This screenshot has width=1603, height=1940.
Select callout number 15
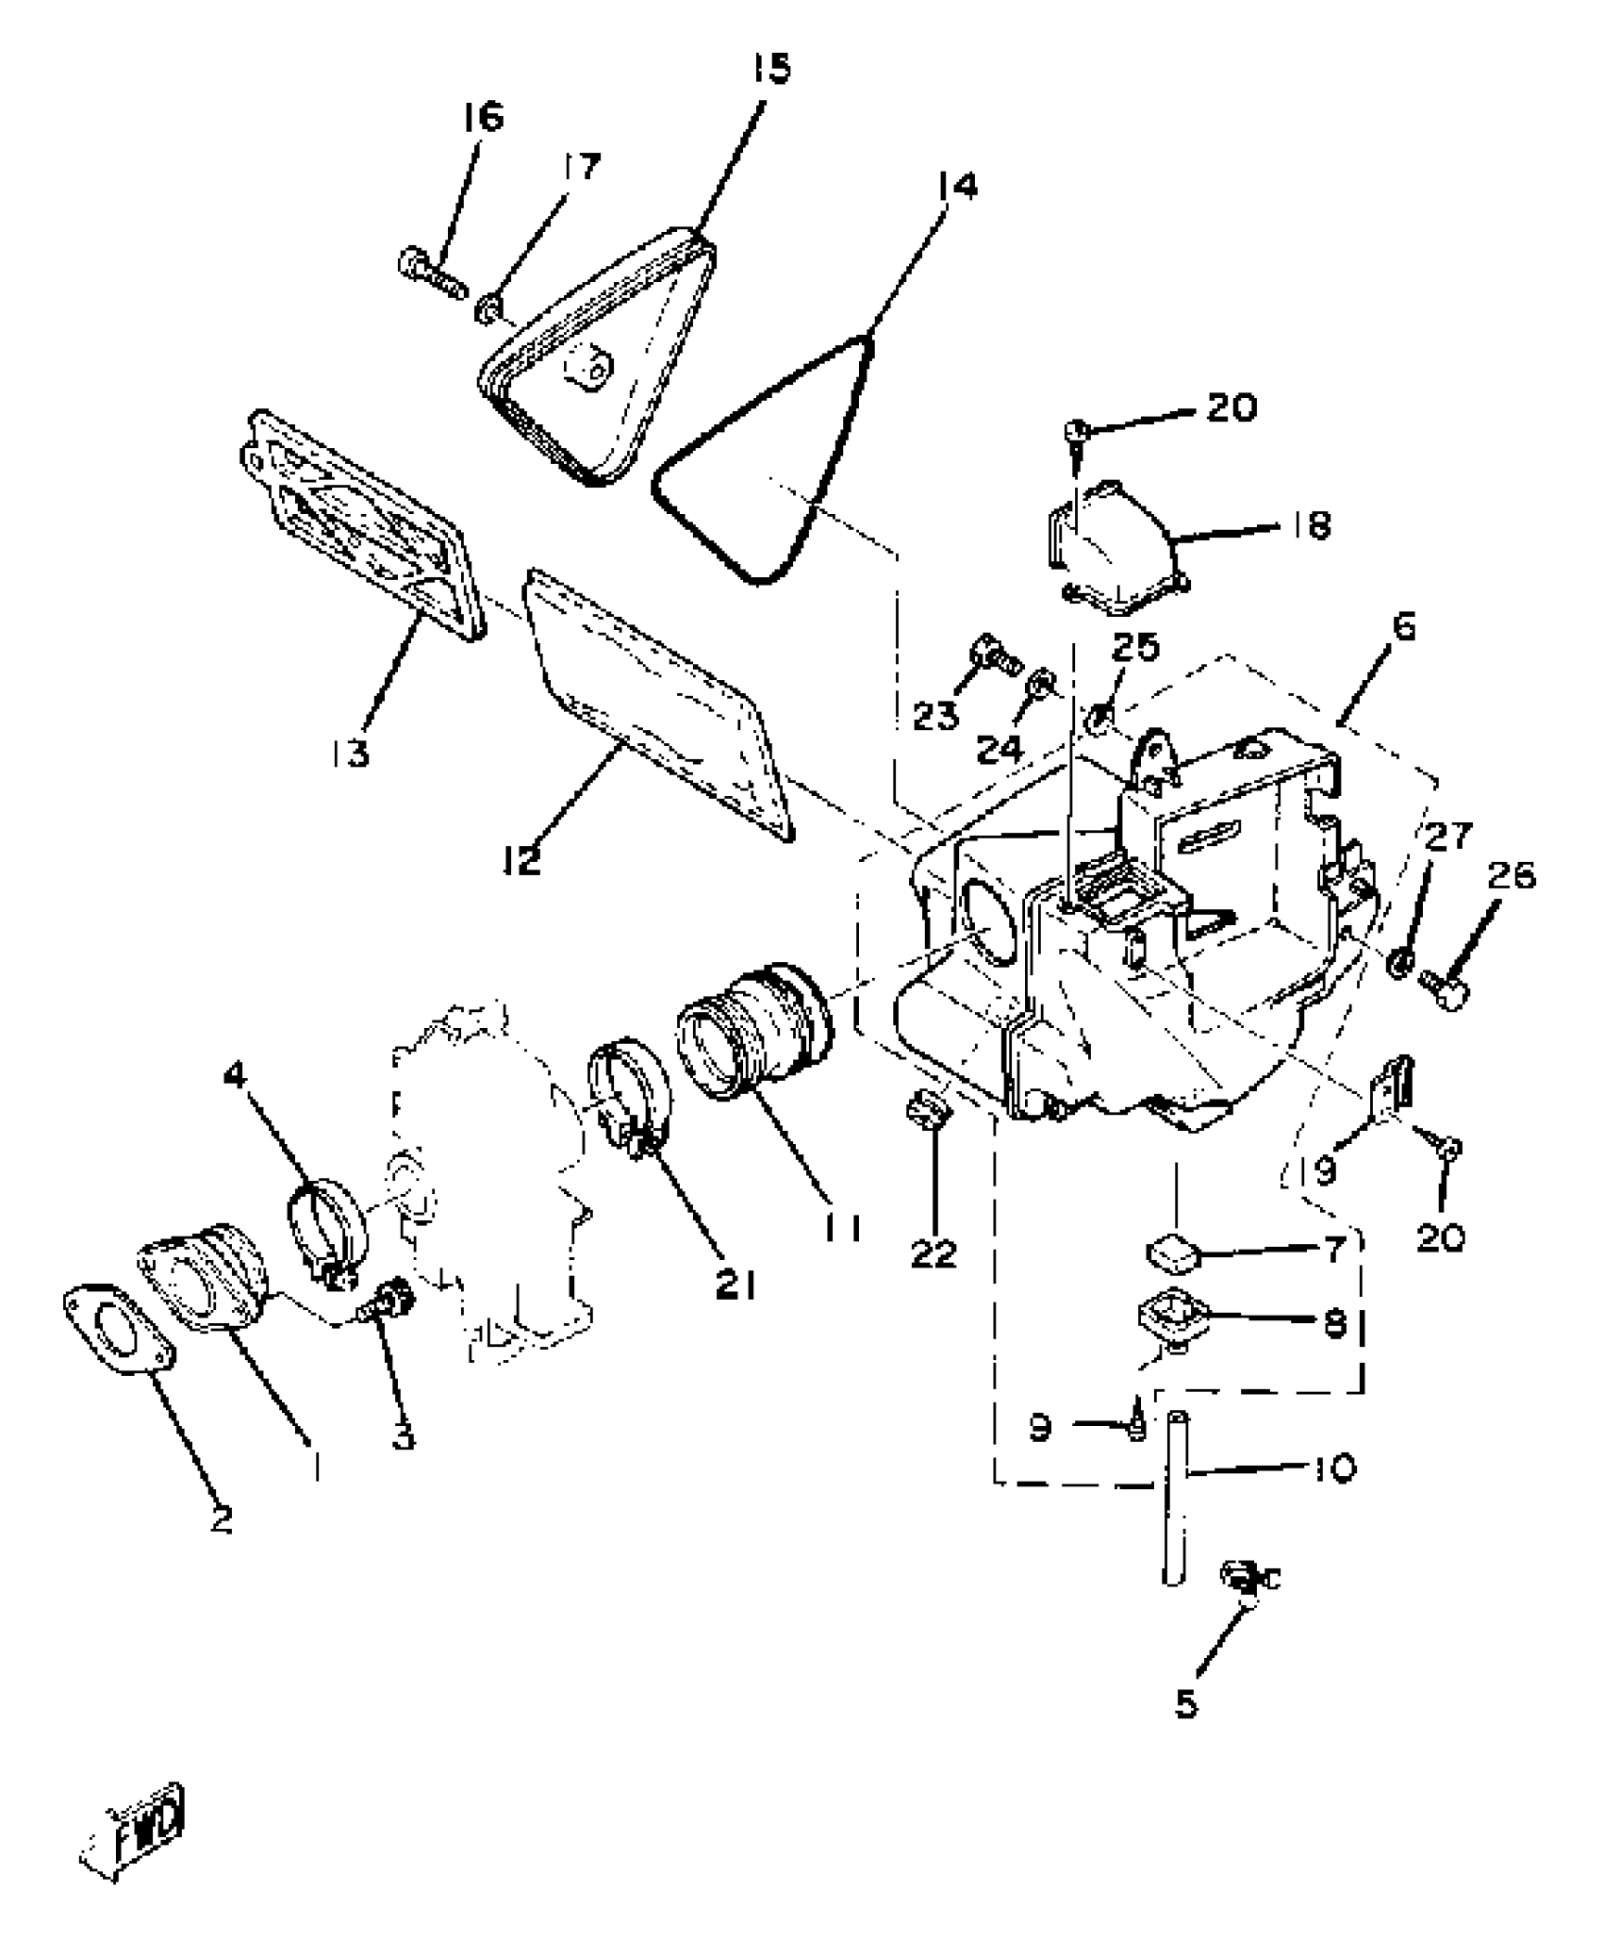(x=771, y=69)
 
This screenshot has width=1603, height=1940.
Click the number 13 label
(x=350, y=753)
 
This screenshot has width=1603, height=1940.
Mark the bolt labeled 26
(x=1445, y=990)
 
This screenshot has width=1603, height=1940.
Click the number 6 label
(x=1403, y=627)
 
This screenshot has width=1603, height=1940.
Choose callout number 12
(x=521, y=858)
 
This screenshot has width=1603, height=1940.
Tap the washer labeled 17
(x=488, y=307)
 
